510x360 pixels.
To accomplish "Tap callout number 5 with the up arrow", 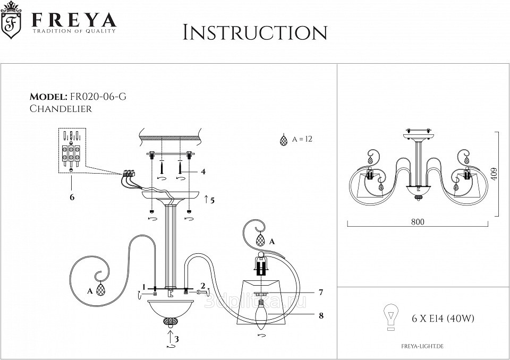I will pos(212,200).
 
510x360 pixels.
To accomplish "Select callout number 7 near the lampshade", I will pos(321,292).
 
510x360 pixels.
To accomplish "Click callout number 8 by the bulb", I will pos(321,315).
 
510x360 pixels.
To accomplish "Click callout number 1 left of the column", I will pos(144,286).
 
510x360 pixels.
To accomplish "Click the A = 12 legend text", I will pos(301,140).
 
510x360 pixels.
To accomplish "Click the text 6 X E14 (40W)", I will pos(443,319).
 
